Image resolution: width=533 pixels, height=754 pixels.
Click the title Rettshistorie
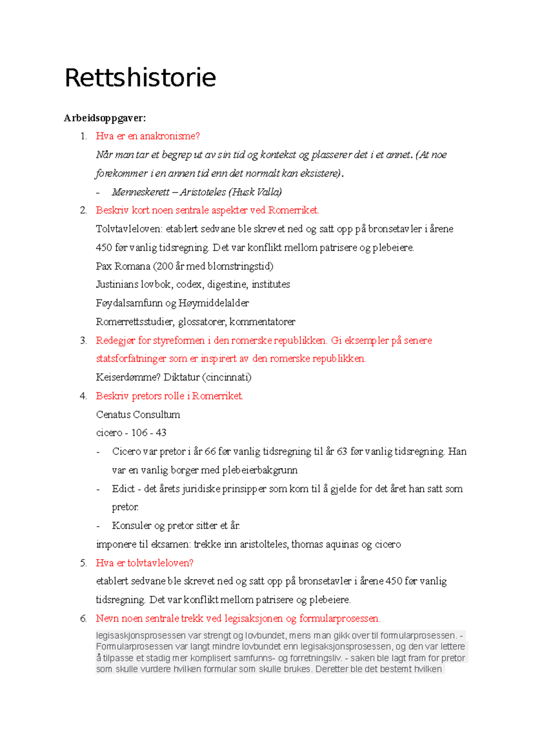point(140,78)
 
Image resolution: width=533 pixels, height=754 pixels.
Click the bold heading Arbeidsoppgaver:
point(105,118)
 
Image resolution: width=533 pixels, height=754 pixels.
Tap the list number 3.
point(83,341)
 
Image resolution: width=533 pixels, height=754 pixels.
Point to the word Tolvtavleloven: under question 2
point(129,229)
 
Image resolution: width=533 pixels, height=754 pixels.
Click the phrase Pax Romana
point(123,266)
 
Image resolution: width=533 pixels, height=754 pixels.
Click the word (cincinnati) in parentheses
point(227,377)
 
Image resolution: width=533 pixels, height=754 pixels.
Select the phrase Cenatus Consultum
point(138,415)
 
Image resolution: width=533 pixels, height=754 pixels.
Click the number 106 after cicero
point(139,433)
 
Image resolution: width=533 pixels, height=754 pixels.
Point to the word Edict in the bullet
point(123,489)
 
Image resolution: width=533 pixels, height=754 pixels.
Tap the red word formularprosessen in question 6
point(339,619)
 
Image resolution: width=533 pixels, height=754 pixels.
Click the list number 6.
point(83,619)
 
